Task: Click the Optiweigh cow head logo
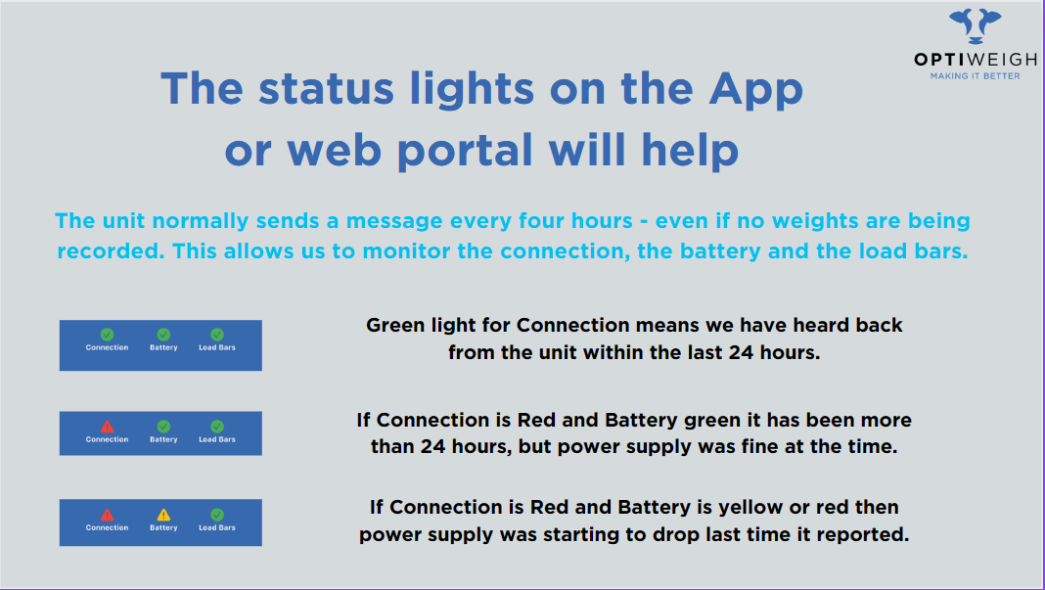[975, 26]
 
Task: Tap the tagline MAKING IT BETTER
[975, 76]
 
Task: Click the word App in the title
[755, 89]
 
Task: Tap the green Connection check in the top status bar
[107, 335]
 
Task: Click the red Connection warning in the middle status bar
[107, 426]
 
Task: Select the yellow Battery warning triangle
[163, 515]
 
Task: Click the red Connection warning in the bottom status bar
[107, 515]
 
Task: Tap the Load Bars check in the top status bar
[217, 335]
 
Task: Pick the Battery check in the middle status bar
[163, 426]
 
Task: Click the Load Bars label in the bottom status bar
[217, 528]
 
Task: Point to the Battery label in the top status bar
[163, 348]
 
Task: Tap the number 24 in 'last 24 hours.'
[741, 352]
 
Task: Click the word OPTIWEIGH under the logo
[975, 60]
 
